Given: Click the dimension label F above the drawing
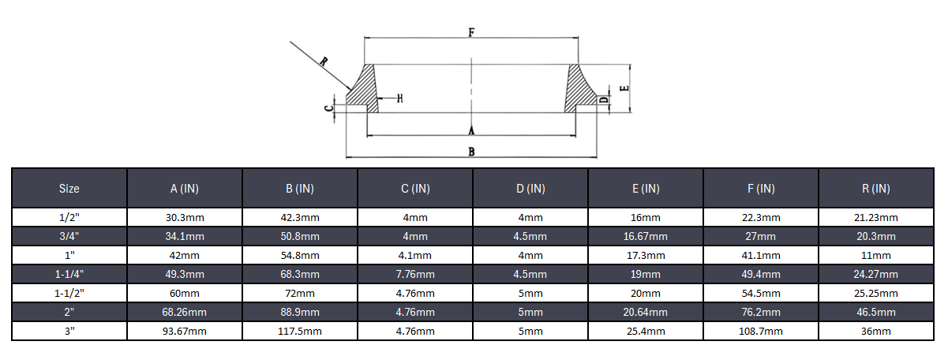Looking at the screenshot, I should click(471, 32).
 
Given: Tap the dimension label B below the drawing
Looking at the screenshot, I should click(471, 152).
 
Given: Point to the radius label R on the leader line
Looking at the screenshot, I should click(324, 61).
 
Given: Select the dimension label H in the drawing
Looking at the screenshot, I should click(399, 99).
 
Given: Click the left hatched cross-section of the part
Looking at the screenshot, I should click(363, 91).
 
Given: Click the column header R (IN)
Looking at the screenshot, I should click(876, 189).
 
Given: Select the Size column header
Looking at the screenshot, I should click(69, 189).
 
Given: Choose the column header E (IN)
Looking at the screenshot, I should click(646, 189).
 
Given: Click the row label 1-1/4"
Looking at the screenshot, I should click(69, 274).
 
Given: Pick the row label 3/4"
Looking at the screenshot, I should click(69, 236).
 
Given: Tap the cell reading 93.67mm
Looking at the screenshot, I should click(185, 331).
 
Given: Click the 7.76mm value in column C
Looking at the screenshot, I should click(415, 274).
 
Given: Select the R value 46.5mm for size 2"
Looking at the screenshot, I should click(876, 312).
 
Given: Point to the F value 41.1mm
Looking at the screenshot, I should click(761, 255).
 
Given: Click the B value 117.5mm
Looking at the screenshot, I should click(300, 331).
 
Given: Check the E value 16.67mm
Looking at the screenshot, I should click(646, 236).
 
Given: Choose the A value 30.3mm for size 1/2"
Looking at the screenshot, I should click(185, 217).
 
